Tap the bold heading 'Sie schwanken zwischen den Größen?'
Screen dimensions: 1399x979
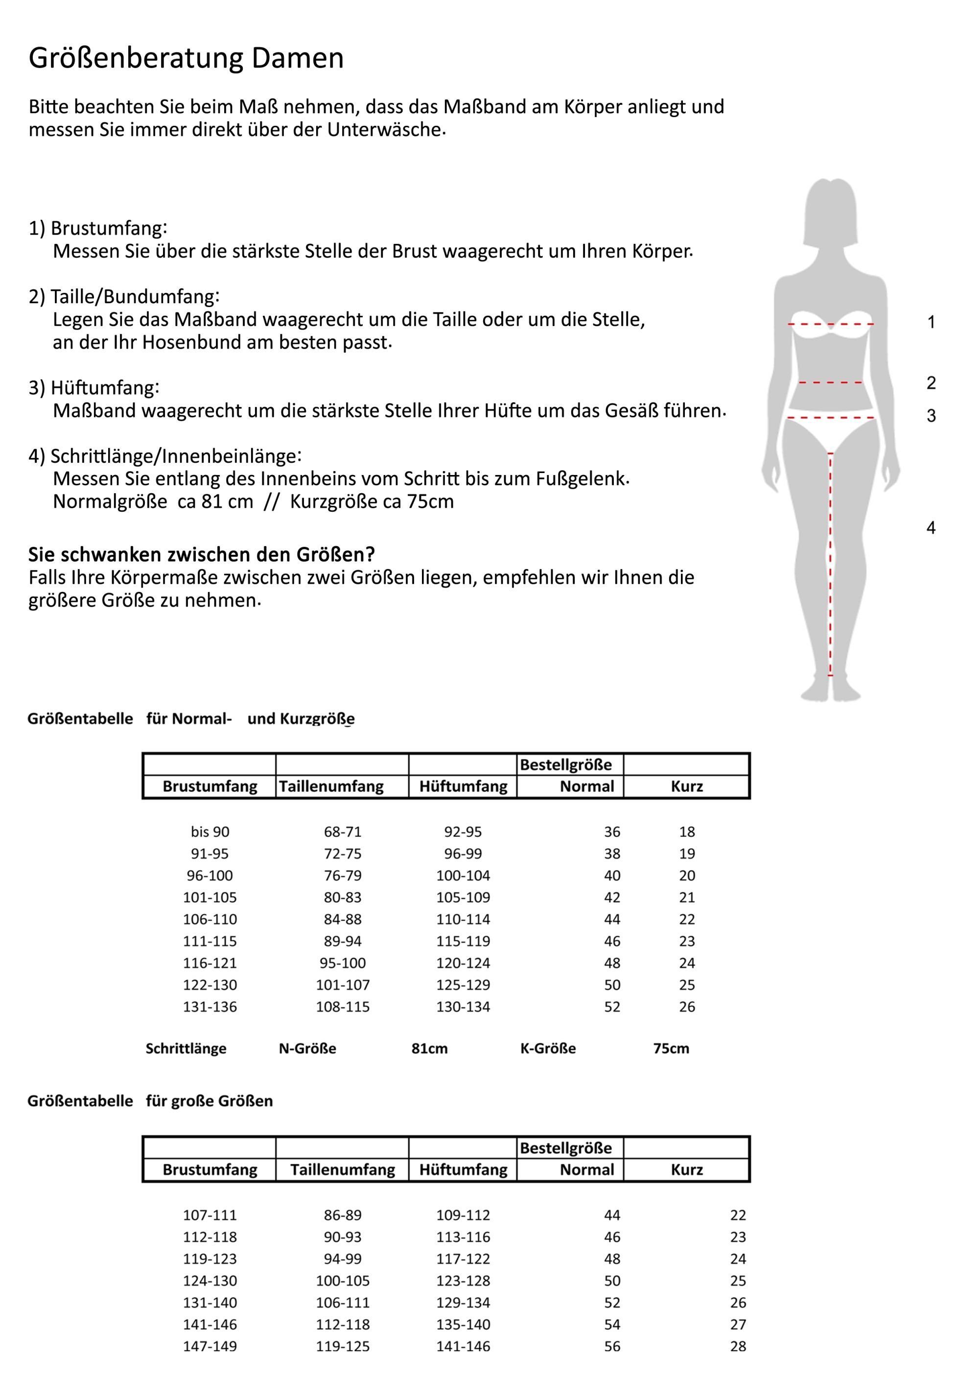coord(201,554)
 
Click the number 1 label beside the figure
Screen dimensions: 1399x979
coord(931,322)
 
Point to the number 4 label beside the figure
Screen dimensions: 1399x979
coord(931,528)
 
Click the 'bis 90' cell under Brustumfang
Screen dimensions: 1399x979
coord(210,832)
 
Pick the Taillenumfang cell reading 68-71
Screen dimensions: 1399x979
coord(342,832)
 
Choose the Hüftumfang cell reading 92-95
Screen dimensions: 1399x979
coord(463,832)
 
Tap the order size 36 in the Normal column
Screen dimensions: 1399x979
coord(612,832)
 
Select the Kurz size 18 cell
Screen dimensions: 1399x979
coord(687,832)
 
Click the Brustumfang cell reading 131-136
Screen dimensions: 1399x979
coord(210,1007)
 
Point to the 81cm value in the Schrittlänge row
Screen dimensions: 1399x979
coord(429,1049)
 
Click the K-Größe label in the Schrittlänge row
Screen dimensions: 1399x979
coord(548,1049)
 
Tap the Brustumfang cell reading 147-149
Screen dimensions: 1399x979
coord(210,1346)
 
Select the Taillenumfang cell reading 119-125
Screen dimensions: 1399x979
coord(342,1346)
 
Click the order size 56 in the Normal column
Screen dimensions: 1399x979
coord(612,1346)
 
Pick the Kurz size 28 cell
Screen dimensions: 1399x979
coord(738,1346)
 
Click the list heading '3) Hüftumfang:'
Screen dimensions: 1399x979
coord(94,387)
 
